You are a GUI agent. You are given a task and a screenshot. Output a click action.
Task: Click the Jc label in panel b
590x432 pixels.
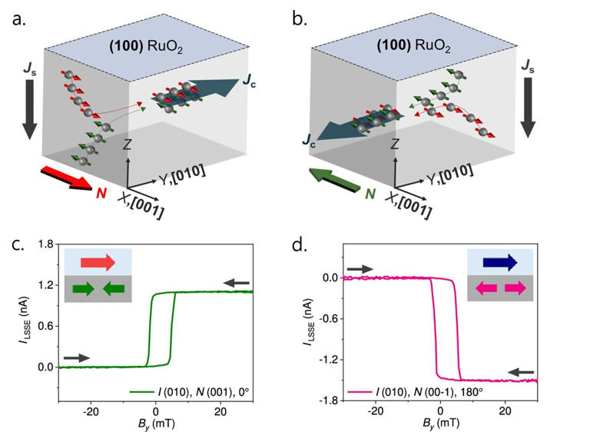(x=307, y=142)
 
